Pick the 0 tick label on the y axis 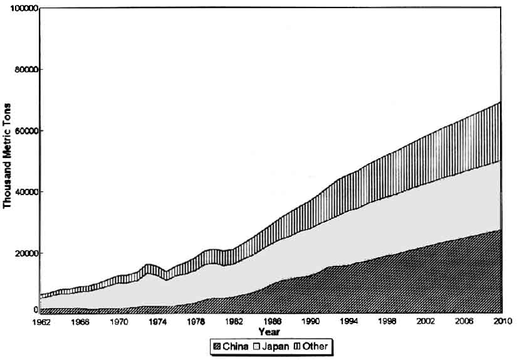[x=35, y=310]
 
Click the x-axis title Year [x=269, y=331]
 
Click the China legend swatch [x=217, y=346]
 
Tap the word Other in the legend [x=315, y=346]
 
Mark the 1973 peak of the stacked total [x=148, y=264]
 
